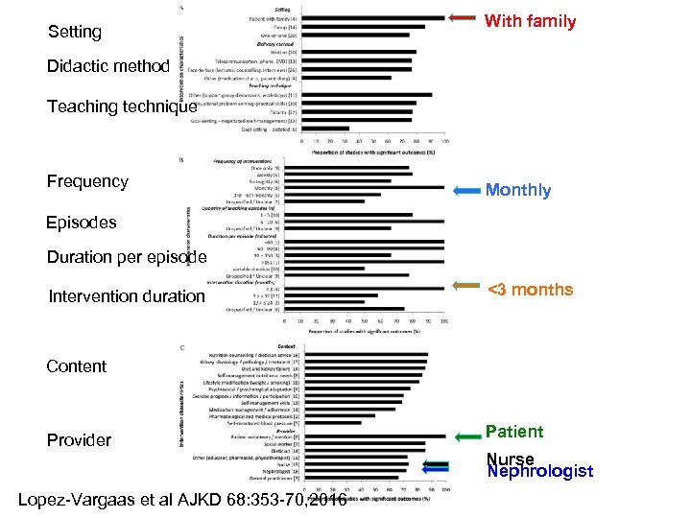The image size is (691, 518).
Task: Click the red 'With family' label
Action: point(530,21)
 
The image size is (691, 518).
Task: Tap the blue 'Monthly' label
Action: point(518,190)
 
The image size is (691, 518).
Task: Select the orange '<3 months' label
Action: point(530,290)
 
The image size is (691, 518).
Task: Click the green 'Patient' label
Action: point(513,432)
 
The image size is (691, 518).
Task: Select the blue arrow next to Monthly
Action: point(465,191)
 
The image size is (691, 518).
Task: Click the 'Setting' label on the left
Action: point(74,32)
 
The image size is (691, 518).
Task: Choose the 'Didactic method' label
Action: point(108,67)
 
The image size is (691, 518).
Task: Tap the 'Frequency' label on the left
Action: point(87,181)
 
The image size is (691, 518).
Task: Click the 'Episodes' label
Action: point(82,222)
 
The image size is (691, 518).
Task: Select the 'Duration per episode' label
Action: point(127,257)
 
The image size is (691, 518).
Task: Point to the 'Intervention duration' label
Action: point(127,296)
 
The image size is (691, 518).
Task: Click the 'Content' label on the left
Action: point(77,365)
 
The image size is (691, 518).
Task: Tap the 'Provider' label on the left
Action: point(79,440)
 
